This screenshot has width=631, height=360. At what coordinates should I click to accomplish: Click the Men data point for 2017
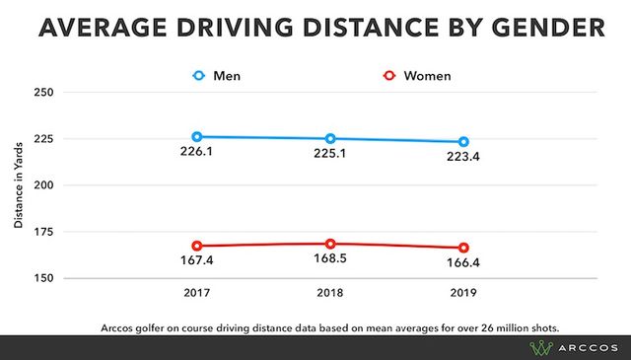pyautogui.click(x=197, y=137)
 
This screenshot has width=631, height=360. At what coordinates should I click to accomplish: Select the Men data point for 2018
pyautogui.click(x=330, y=139)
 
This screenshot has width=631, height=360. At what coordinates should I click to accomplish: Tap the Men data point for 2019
pyautogui.click(x=463, y=142)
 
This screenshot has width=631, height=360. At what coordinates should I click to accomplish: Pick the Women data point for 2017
pyautogui.click(x=197, y=246)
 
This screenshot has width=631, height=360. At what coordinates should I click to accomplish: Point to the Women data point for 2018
pyautogui.click(x=330, y=244)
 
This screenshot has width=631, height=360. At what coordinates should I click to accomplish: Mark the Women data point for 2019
pyautogui.click(x=463, y=248)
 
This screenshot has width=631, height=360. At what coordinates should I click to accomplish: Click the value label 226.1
pyautogui.click(x=197, y=154)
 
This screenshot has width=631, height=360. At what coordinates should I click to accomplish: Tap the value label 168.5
pyautogui.click(x=330, y=261)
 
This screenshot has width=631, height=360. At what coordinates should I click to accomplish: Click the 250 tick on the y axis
pyautogui.click(x=43, y=93)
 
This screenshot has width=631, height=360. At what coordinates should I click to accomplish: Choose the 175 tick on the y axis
pyautogui.click(x=43, y=232)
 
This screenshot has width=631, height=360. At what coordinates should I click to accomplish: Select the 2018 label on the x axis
pyautogui.click(x=330, y=294)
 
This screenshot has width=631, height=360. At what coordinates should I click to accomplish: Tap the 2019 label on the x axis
pyautogui.click(x=463, y=294)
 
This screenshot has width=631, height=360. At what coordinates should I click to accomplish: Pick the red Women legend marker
pyautogui.click(x=389, y=74)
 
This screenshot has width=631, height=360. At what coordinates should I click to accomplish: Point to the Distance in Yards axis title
pyautogui.click(x=18, y=185)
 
